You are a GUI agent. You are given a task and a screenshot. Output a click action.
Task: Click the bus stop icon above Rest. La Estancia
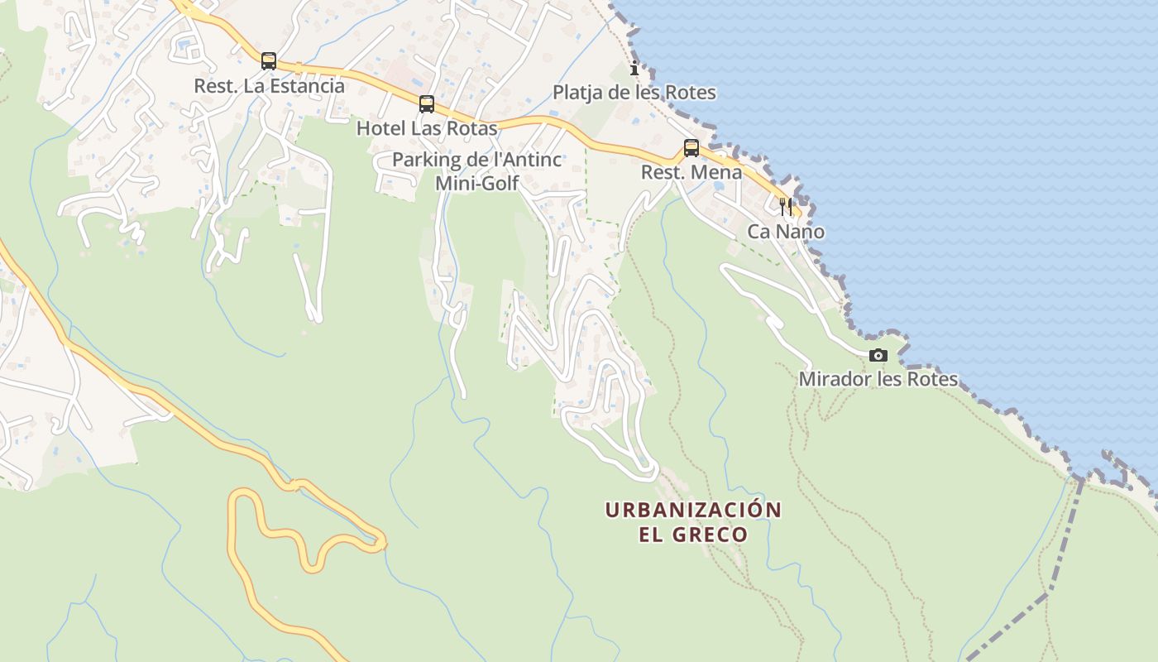269,60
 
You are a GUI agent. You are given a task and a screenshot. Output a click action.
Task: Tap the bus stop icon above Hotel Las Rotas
427,104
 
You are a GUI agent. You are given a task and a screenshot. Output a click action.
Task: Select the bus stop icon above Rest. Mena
691,148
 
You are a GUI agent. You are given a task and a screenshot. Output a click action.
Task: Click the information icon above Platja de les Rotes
634,68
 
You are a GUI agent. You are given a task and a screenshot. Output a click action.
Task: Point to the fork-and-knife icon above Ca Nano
786,206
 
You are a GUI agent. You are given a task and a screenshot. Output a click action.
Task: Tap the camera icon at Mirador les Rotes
878,356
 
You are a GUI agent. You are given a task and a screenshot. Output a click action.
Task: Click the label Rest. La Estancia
269,85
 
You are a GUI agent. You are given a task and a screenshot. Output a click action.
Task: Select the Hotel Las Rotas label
427,128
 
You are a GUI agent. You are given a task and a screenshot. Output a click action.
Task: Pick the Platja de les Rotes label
634,93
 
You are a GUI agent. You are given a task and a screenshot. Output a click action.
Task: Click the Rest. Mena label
691,173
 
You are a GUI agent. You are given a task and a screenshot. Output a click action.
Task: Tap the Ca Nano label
786,232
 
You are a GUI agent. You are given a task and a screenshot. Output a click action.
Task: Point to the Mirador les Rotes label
878,380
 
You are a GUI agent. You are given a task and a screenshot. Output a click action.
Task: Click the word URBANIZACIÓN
693,510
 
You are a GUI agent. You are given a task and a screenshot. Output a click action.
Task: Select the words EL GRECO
693,535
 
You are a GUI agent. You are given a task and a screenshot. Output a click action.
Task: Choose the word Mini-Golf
477,183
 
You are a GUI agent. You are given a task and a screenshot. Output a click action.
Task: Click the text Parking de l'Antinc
477,160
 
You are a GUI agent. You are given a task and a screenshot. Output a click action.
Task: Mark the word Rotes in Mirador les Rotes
932,380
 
